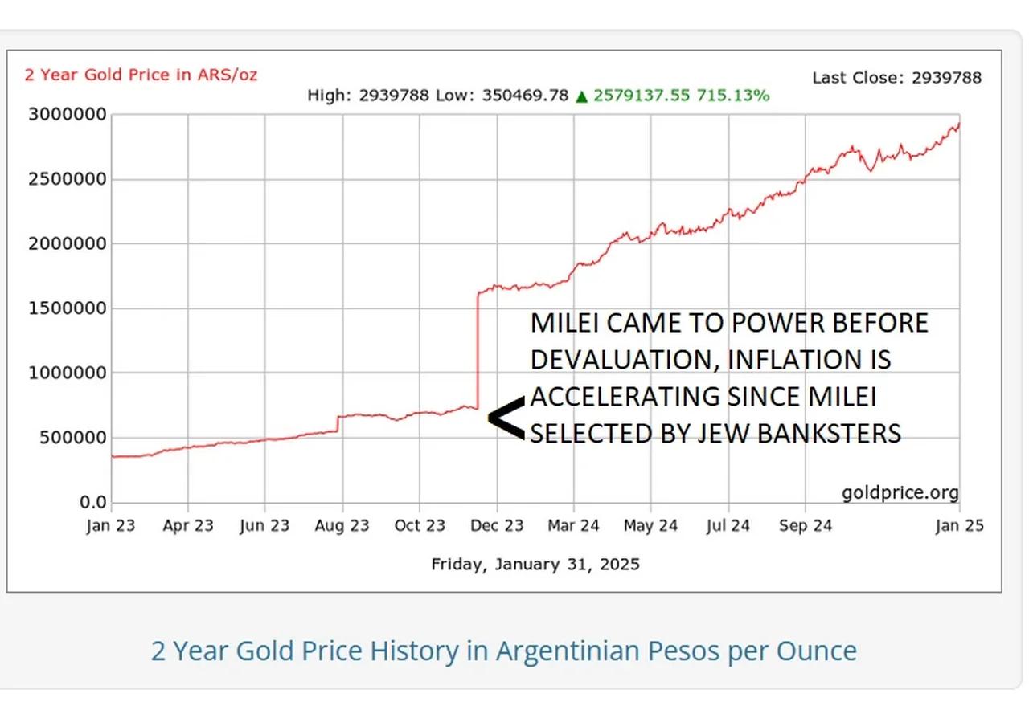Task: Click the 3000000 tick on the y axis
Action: [x=68, y=114]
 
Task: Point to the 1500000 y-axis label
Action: [x=68, y=308]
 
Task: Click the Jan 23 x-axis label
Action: [x=111, y=526]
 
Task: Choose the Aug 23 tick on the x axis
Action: [x=342, y=526]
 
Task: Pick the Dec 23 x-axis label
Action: [x=497, y=526]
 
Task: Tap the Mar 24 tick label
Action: [x=573, y=526]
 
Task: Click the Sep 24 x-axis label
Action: [x=805, y=526]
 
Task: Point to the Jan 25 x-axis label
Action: [x=959, y=526]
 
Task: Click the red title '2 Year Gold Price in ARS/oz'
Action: [x=141, y=75]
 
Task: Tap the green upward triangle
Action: [x=582, y=96]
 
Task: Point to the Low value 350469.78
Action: [x=525, y=96]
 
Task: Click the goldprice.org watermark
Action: [x=900, y=492]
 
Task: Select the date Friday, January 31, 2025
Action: [x=535, y=564]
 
